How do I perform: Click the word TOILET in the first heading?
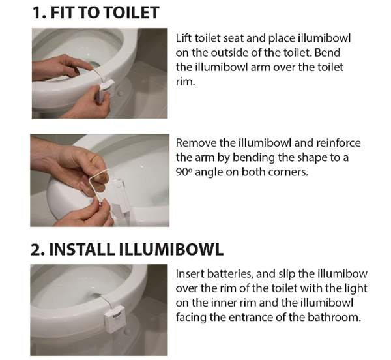point(132,12)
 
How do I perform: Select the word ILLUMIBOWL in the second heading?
point(171,249)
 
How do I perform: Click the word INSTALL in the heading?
point(81,249)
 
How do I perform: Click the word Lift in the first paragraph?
point(184,38)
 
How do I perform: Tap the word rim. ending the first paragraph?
point(185,82)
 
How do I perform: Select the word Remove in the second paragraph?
point(197,143)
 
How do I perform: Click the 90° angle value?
point(184,172)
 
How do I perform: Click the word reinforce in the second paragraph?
point(338,143)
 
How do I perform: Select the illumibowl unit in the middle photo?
point(121,195)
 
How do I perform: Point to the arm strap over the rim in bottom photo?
point(109,301)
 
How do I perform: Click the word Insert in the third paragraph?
point(190,274)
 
